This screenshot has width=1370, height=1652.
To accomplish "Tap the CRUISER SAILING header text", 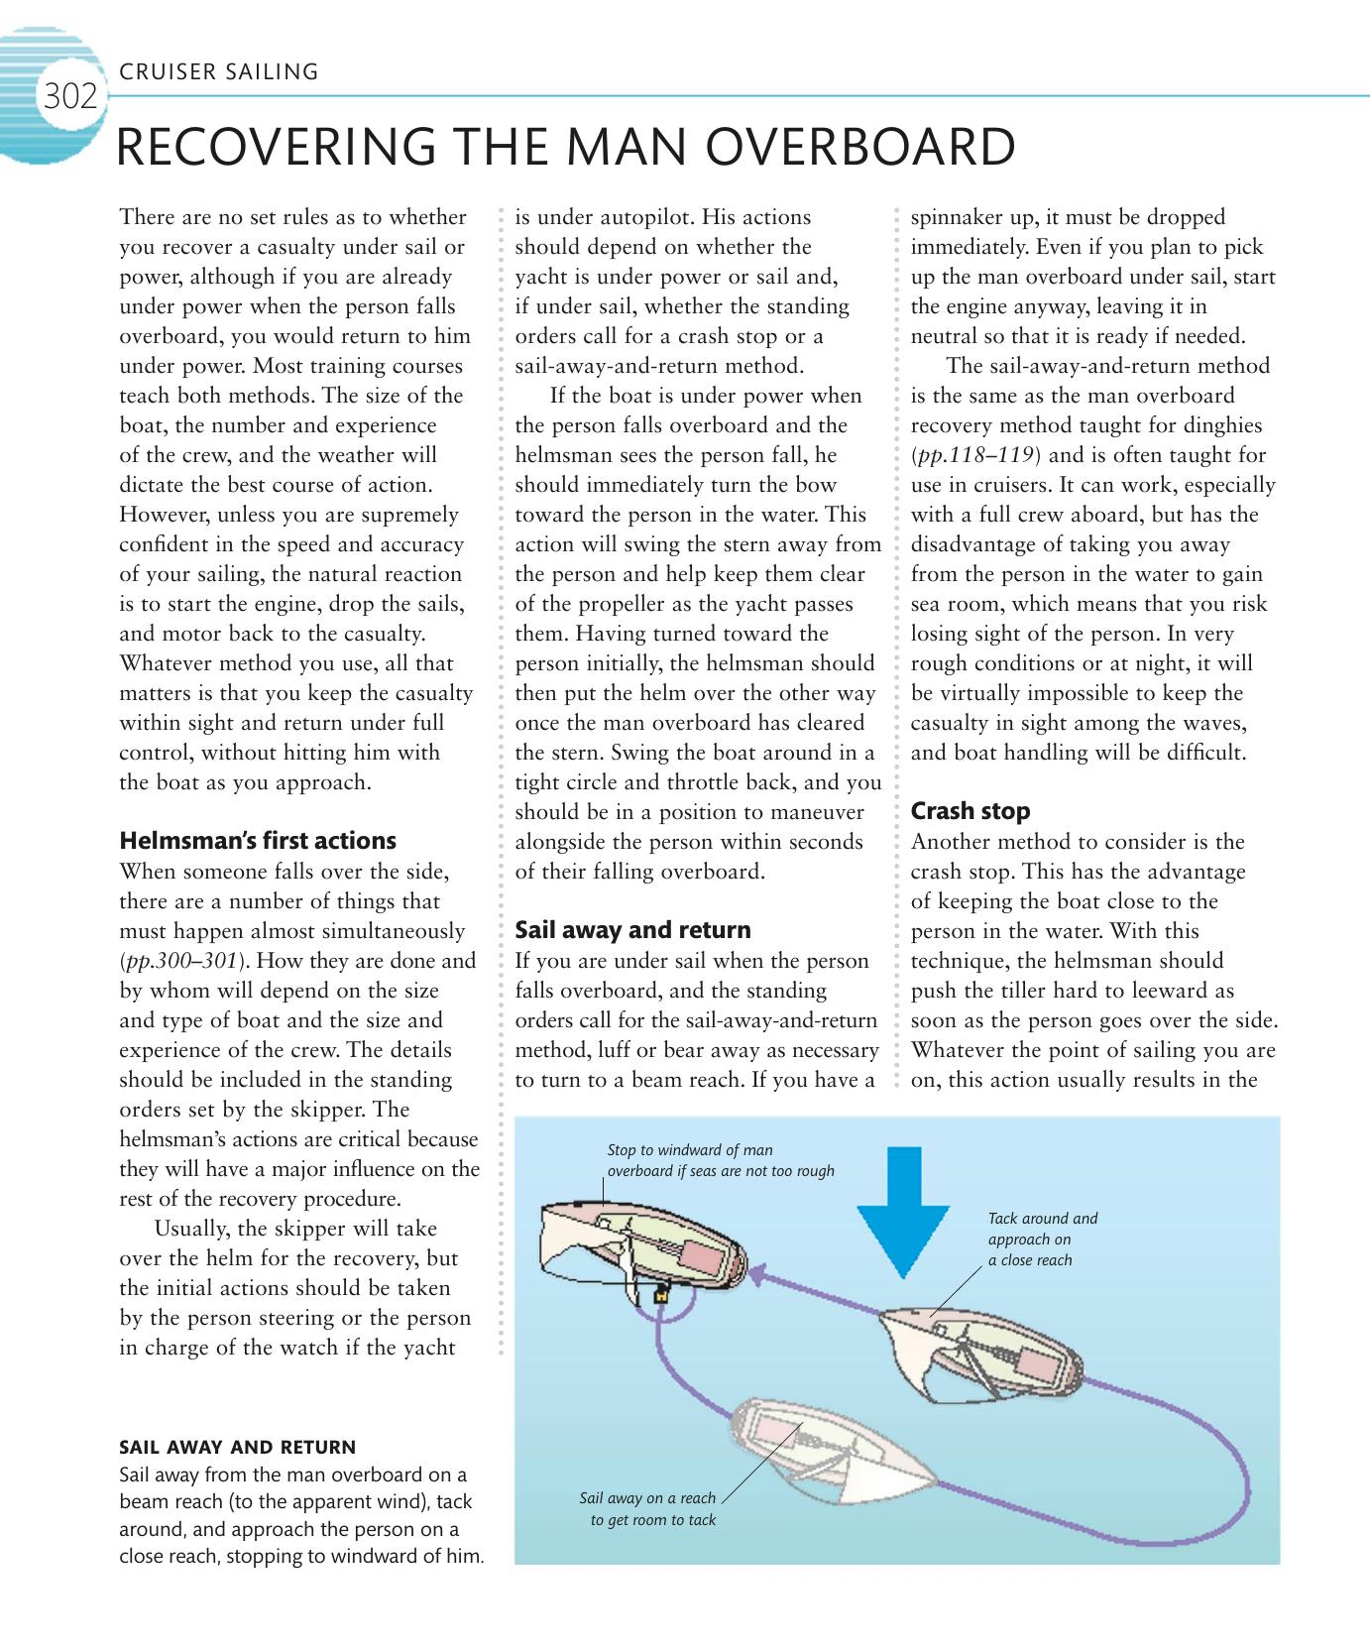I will (218, 71).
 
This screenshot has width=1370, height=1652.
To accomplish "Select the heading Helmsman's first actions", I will (258, 841).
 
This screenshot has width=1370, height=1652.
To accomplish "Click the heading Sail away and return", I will (632, 930).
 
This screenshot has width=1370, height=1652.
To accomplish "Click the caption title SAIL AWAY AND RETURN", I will (237, 1448).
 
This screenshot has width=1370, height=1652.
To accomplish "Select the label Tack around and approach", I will (1042, 1239).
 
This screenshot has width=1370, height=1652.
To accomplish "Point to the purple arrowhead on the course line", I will (759, 1273).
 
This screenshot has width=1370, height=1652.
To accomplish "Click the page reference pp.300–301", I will (181, 961).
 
